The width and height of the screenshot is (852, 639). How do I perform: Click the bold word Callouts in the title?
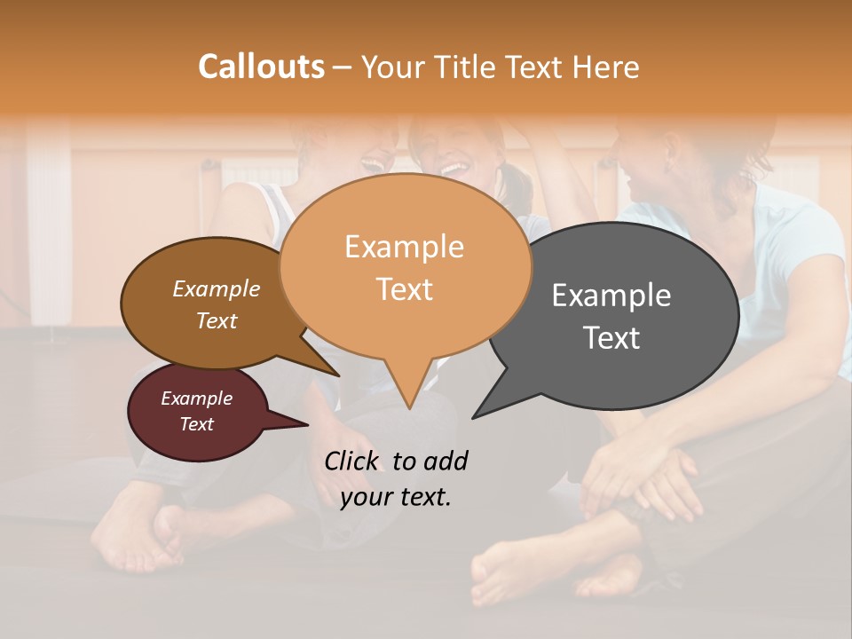[261, 67]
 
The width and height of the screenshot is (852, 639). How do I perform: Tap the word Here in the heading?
[606, 67]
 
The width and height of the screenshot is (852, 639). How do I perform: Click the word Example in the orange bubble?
[404, 247]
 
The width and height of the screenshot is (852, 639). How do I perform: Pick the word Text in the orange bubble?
[404, 289]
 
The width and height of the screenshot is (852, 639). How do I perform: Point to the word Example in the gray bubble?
[611, 296]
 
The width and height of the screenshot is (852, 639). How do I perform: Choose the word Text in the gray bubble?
[611, 338]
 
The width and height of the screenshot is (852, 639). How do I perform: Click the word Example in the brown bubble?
[216, 289]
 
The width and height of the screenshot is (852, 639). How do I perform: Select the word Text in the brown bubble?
[216, 320]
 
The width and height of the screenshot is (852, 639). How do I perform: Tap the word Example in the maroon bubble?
[196, 398]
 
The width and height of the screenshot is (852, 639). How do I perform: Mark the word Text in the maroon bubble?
[196, 424]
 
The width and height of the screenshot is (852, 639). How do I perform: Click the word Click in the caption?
[352, 461]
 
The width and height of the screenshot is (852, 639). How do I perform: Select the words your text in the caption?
[396, 497]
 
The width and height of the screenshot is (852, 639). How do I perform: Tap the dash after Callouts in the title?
[343, 67]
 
